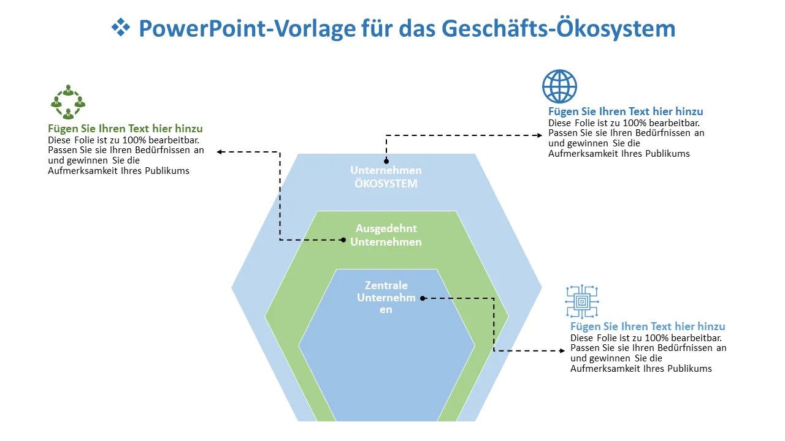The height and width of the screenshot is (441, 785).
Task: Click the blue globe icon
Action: (559, 86)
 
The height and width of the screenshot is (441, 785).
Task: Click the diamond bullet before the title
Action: (121, 27)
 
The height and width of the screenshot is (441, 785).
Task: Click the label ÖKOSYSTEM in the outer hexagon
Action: (386, 184)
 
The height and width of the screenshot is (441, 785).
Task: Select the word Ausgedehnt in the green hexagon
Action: (386, 228)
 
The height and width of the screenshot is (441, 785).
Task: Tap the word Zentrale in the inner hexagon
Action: (386, 285)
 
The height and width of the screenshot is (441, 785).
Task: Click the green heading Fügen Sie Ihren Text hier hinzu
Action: (125, 129)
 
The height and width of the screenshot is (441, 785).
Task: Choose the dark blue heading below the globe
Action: (626, 111)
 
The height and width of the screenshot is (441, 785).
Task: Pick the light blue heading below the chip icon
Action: (648, 326)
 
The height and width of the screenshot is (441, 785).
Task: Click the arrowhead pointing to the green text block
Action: (220, 152)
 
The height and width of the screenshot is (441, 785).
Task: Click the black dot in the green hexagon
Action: (344, 240)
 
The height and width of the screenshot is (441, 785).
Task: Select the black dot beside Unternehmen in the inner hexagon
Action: (422, 298)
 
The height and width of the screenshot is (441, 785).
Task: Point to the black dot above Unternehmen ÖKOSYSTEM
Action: (386, 162)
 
